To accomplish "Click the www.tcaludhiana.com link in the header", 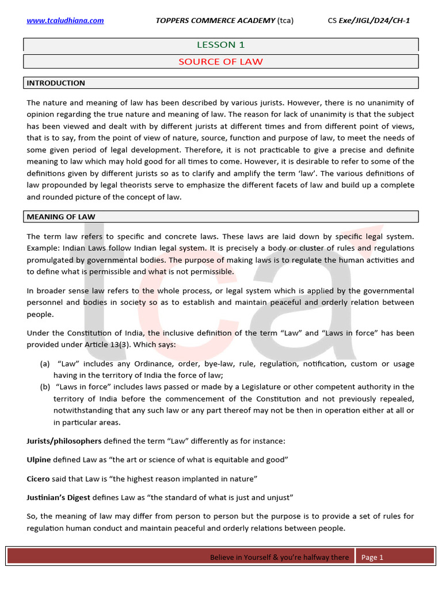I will click(x=65, y=21).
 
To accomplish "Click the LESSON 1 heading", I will click(x=216, y=44).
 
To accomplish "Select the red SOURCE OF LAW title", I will click(x=220, y=61).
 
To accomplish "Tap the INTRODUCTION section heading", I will click(x=56, y=83).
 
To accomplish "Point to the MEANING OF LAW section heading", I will click(x=61, y=217).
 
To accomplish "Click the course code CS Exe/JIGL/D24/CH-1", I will click(x=369, y=21).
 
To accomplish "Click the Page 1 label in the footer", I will click(x=372, y=557).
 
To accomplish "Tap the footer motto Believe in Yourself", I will click(x=279, y=557).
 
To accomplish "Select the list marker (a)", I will click(x=45, y=364).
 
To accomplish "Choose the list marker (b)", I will click(x=45, y=387).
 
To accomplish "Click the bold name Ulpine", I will click(x=39, y=459).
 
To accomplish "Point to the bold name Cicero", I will click(x=39, y=479).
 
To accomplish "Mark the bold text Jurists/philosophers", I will click(x=64, y=441).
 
